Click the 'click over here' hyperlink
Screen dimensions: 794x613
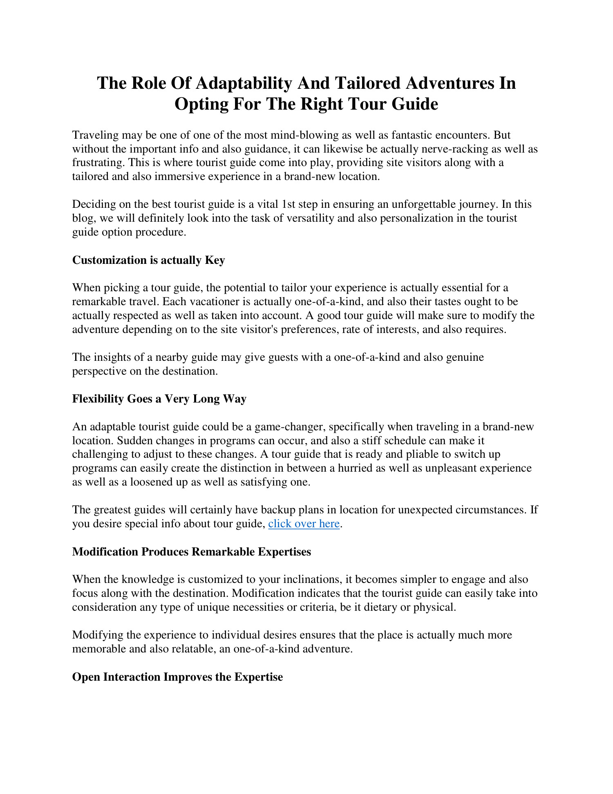click(x=304, y=524)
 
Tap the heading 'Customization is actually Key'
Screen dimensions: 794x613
click(x=148, y=260)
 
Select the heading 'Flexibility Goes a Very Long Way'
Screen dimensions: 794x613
click(x=159, y=399)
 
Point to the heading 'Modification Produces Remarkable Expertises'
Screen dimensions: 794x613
click(x=191, y=552)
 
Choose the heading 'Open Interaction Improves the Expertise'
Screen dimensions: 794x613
click(x=177, y=677)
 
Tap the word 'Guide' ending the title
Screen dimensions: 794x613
click(x=414, y=104)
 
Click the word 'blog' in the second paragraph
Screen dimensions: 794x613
click(x=82, y=218)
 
